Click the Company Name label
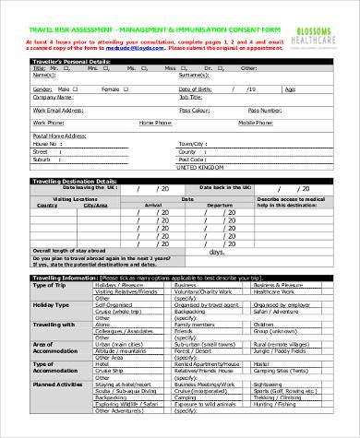pos(52,96)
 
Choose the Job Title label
pos(191,96)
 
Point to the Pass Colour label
pos(195,109)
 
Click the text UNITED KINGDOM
pos(199,169)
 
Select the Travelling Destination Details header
pos(75,181)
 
